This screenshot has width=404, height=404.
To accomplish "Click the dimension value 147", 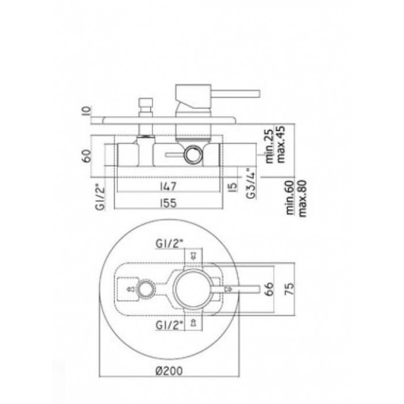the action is coord(169,186).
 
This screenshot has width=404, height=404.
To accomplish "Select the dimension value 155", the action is coord(169,203).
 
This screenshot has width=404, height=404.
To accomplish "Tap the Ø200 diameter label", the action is coord(170,371).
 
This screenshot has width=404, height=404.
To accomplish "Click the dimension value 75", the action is coord(289,289).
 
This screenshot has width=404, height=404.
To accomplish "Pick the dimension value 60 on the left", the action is coord(87,155).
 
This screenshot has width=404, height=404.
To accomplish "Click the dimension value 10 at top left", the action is coord(87,110).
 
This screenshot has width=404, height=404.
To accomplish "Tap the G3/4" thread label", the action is coord(251,184).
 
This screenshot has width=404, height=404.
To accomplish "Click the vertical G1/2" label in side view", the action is coord(101,197).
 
